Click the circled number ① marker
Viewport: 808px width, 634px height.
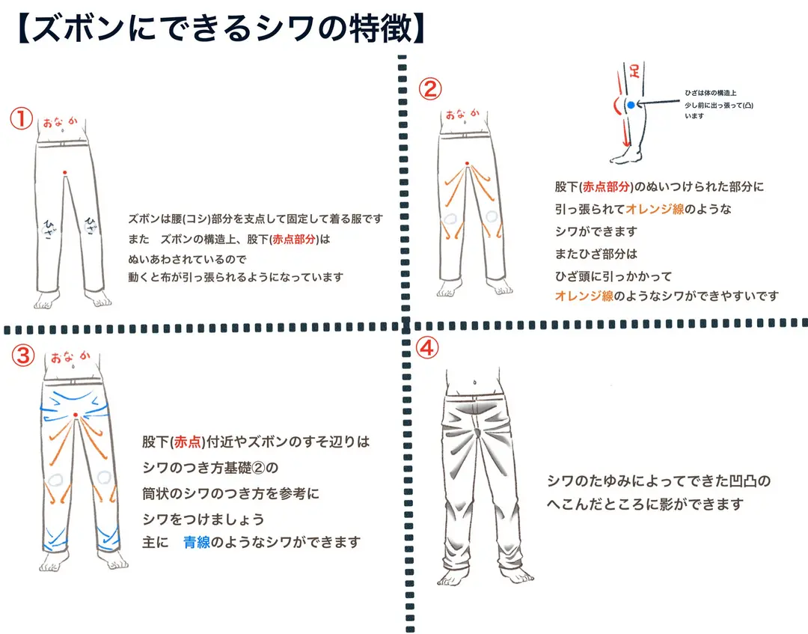22,118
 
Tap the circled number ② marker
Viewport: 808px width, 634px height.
429,88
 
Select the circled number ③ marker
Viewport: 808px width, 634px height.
23,356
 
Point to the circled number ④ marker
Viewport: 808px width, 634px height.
427,349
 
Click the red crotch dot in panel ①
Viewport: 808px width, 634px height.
64,173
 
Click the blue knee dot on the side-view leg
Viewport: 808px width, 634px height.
631,105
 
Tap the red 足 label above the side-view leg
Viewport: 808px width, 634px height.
634,70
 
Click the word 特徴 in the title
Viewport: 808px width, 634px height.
382,28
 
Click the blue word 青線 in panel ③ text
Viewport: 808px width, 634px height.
196,542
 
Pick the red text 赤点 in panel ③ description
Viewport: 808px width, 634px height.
188,442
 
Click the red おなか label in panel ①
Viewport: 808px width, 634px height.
61,123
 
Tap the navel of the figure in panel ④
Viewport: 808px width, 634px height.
474,383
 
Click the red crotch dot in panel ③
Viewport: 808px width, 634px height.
76,415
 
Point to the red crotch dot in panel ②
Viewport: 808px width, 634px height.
467,163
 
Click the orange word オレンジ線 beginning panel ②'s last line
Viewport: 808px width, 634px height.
584,296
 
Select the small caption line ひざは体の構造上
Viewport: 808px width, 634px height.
711,93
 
